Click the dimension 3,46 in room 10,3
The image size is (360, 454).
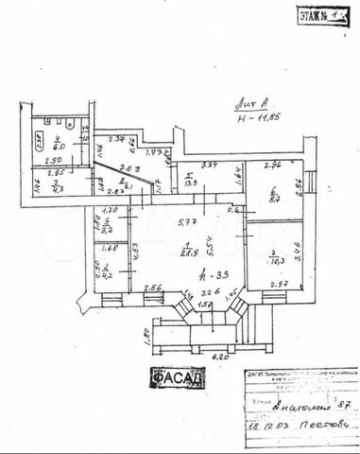pos(299,251)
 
